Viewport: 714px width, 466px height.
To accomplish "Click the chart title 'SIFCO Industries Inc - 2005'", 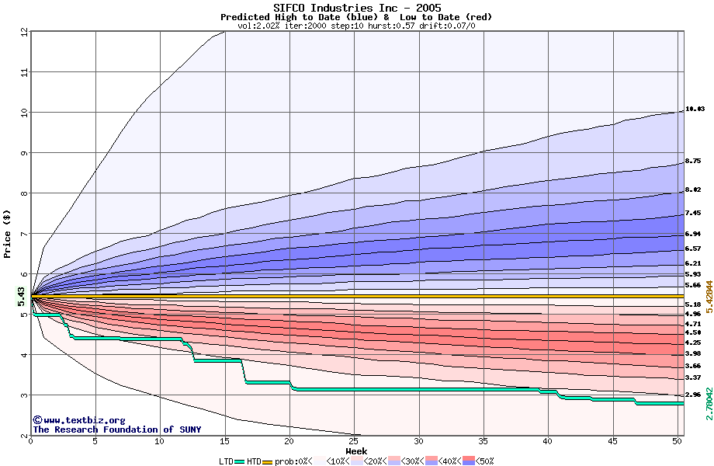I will tap(356, 8).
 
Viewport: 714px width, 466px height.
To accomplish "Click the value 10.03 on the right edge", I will tap(695, 110).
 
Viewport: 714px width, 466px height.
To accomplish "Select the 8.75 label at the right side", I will tap(693, 162).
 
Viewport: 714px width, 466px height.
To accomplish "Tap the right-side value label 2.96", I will tap(693, 395).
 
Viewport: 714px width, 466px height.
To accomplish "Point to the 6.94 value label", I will tap(693, 234).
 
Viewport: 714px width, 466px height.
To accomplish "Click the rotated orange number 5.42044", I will tap(709, 295).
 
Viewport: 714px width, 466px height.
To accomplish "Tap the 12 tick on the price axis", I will tap(23, 32).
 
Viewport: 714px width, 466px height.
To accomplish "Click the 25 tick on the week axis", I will tap(354, 442).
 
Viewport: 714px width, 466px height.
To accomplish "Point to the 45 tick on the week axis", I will tap(612, 442).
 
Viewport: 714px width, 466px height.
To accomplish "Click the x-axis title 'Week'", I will tap(356, 450).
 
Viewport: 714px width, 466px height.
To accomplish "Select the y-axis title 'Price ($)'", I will tap(7, 234).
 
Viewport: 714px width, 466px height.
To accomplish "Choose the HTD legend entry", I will tap(254, 461).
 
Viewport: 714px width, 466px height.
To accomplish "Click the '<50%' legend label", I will tap(484, 461).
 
